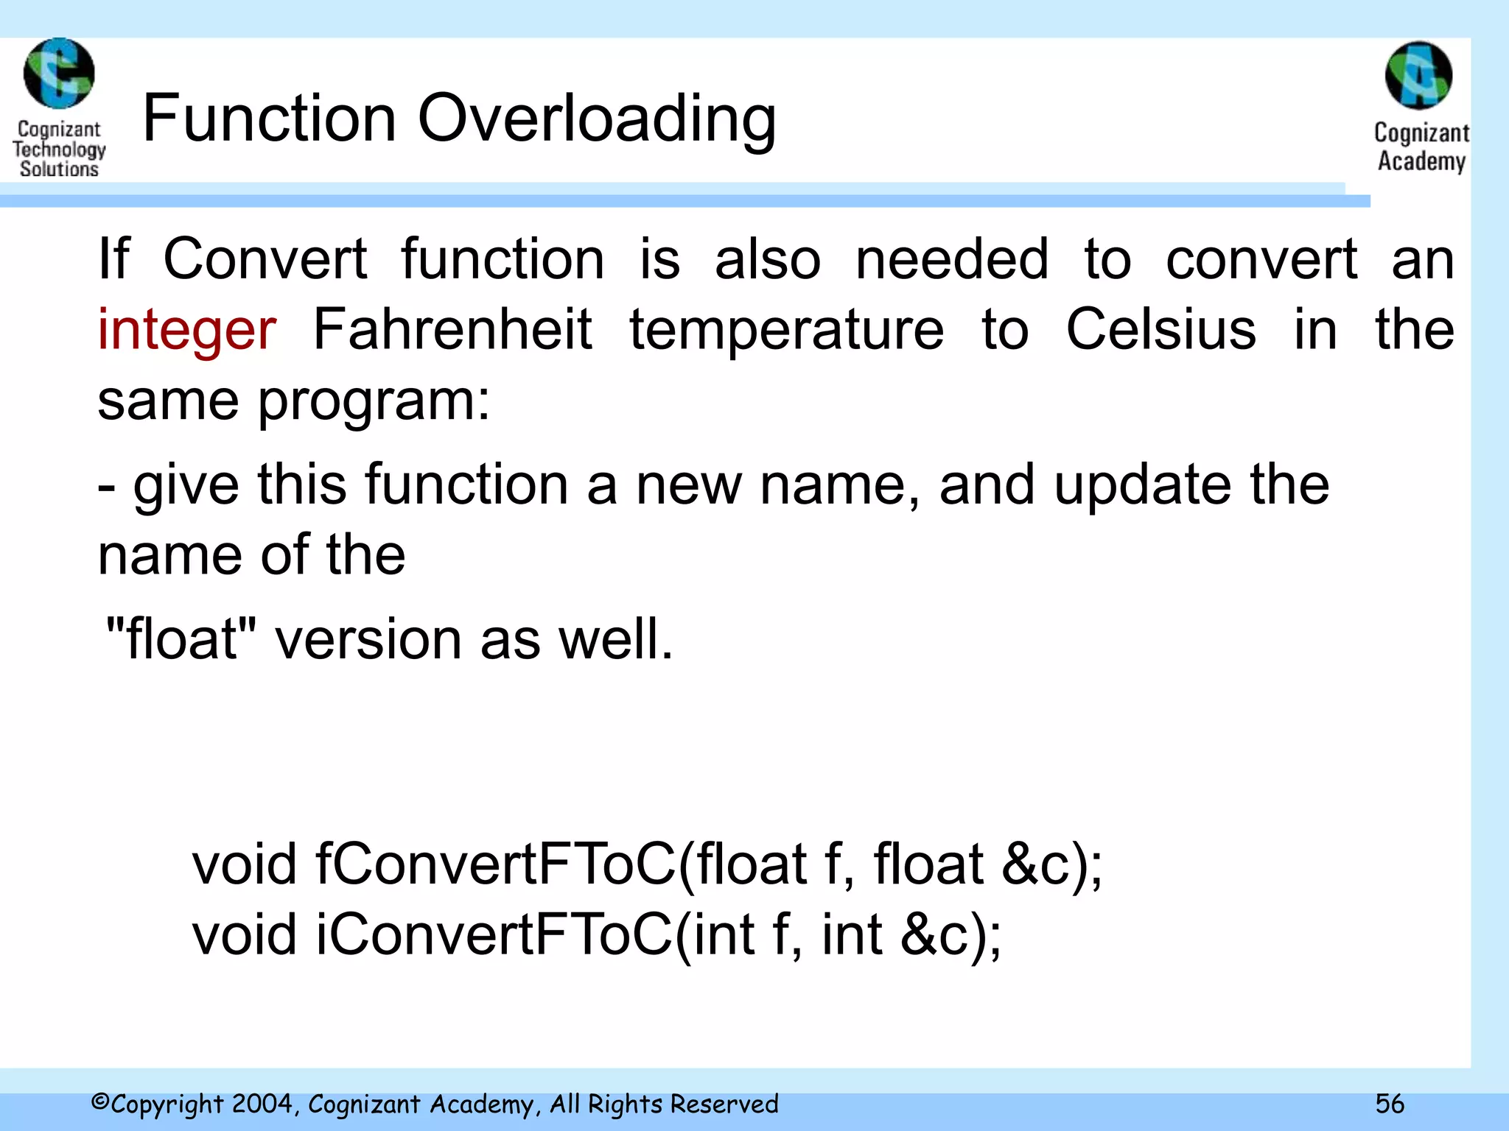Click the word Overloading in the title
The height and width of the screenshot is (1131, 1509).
(x=597, y=119)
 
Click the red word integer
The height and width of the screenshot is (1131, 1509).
(x=187, y=330)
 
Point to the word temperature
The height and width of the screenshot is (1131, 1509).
(x=786, y=330)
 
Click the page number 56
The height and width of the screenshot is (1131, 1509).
(x=1390, y=1104)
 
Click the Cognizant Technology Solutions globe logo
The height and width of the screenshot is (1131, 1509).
(x=59, y=74)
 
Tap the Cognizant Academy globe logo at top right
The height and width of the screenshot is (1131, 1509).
(x=1418, y=76)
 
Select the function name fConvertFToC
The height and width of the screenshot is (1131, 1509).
(x=495, y=864)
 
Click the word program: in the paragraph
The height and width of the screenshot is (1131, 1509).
(x=374, y=402)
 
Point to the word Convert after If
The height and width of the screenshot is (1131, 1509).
(x=265, y=259)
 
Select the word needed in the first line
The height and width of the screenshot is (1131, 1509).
(x=952, y=259)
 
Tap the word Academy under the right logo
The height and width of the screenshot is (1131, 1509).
(x=1421, y=161)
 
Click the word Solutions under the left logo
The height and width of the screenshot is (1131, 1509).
(x=59, y=169)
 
